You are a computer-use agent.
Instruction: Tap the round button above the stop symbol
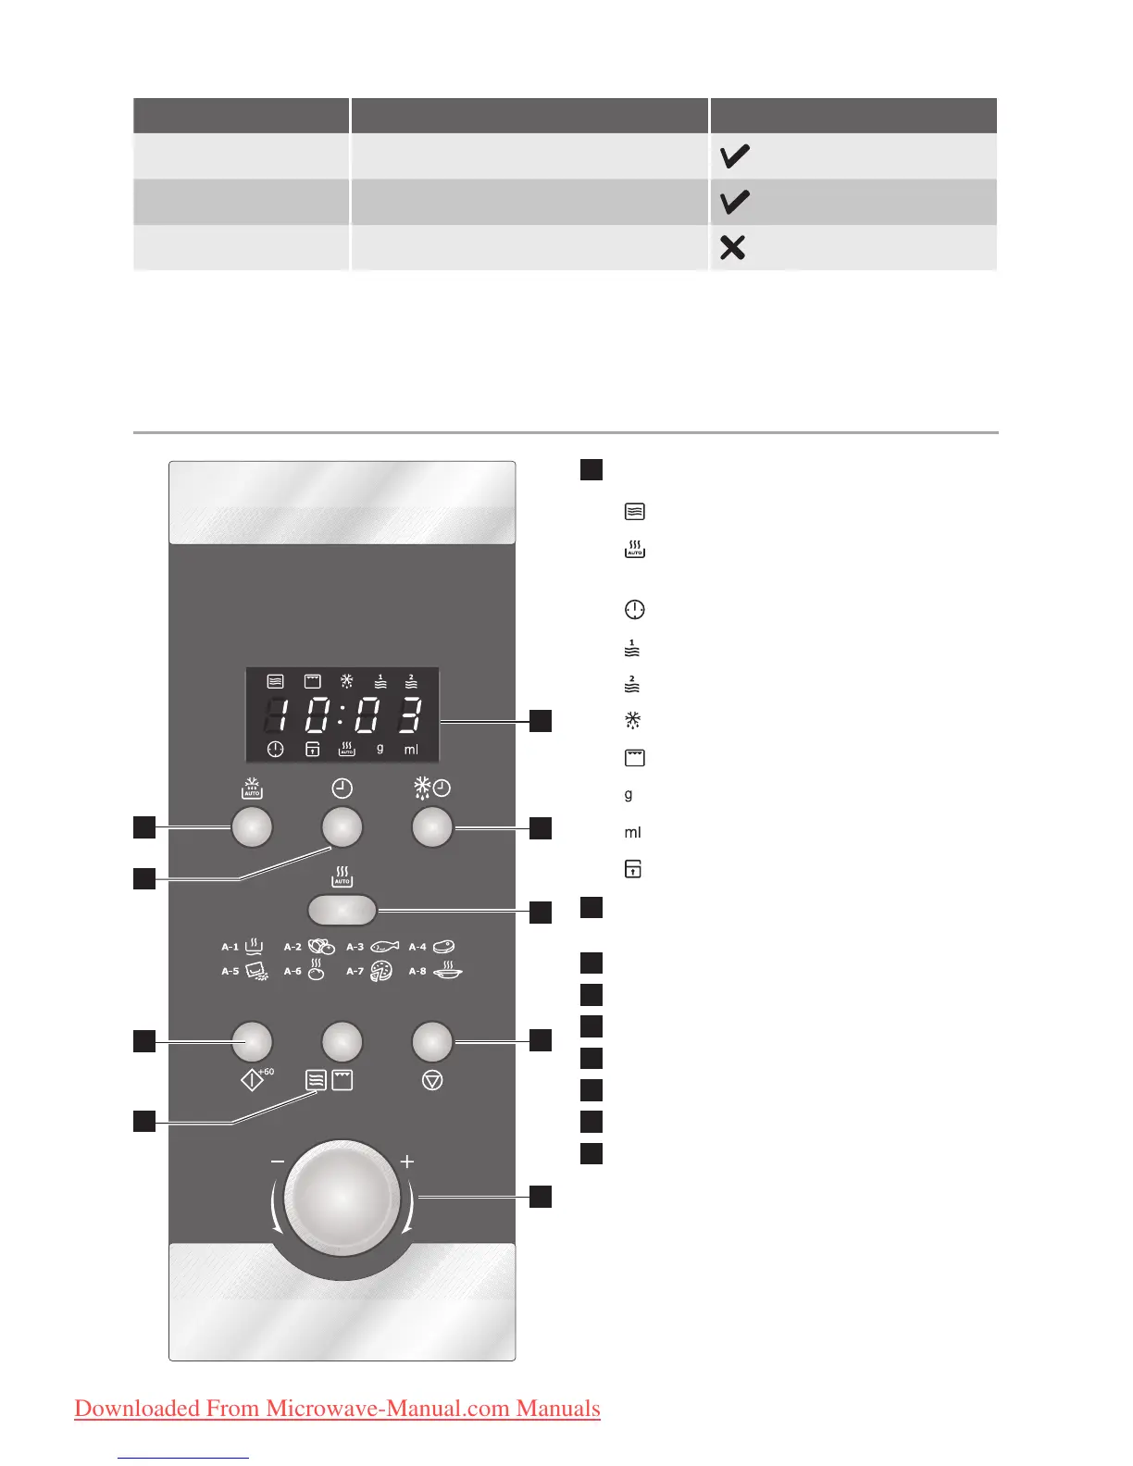432,1041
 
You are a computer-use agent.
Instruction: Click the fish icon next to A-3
384,947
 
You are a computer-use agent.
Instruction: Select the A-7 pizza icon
381,971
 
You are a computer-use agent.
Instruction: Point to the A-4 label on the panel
417,947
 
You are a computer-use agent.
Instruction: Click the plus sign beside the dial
406,1162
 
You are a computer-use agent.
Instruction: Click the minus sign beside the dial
278,1162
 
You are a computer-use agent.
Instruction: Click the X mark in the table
732,247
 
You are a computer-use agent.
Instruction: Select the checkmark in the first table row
734,156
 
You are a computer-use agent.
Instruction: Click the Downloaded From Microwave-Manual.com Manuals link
337,1409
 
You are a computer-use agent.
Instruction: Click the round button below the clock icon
342,826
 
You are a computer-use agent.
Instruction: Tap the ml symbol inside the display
411,750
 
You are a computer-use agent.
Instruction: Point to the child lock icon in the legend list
634,869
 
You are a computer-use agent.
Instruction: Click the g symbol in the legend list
629,795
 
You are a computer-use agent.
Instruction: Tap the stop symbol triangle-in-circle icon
432,1080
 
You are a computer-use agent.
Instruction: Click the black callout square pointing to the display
541,720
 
